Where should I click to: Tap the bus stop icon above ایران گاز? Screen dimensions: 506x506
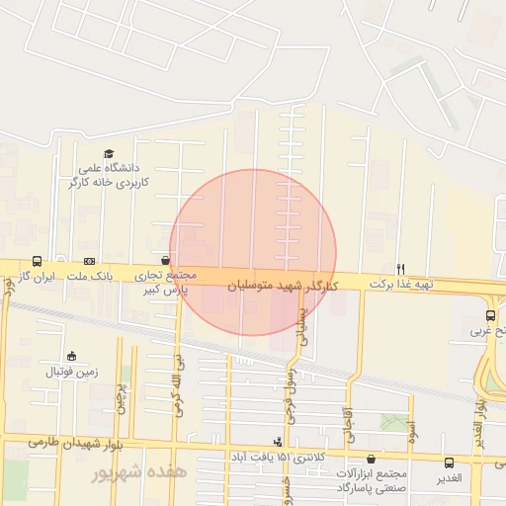pyautogui.click(x=37, y=262)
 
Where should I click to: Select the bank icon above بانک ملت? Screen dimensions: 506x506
pyautogui.click(x=90, y=262)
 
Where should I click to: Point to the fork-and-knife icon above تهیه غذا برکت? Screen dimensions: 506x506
pyautogui.click(x=400, y=269)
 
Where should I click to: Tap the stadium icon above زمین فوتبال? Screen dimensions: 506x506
pyautogui.click(x=71, y=356)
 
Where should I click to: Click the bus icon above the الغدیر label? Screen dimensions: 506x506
pyautogui.click(x=450, y=463)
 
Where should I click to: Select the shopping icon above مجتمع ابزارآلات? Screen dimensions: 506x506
pyautogui.click(x=371, y=459)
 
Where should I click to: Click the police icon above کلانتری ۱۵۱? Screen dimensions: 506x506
pyautogui.click(x=278, y=442)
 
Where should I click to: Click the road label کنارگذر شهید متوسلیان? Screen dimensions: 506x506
pyautogui.click(x=283, y=285)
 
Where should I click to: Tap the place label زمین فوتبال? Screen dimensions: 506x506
pyautogui.click(x=69, y=373)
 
